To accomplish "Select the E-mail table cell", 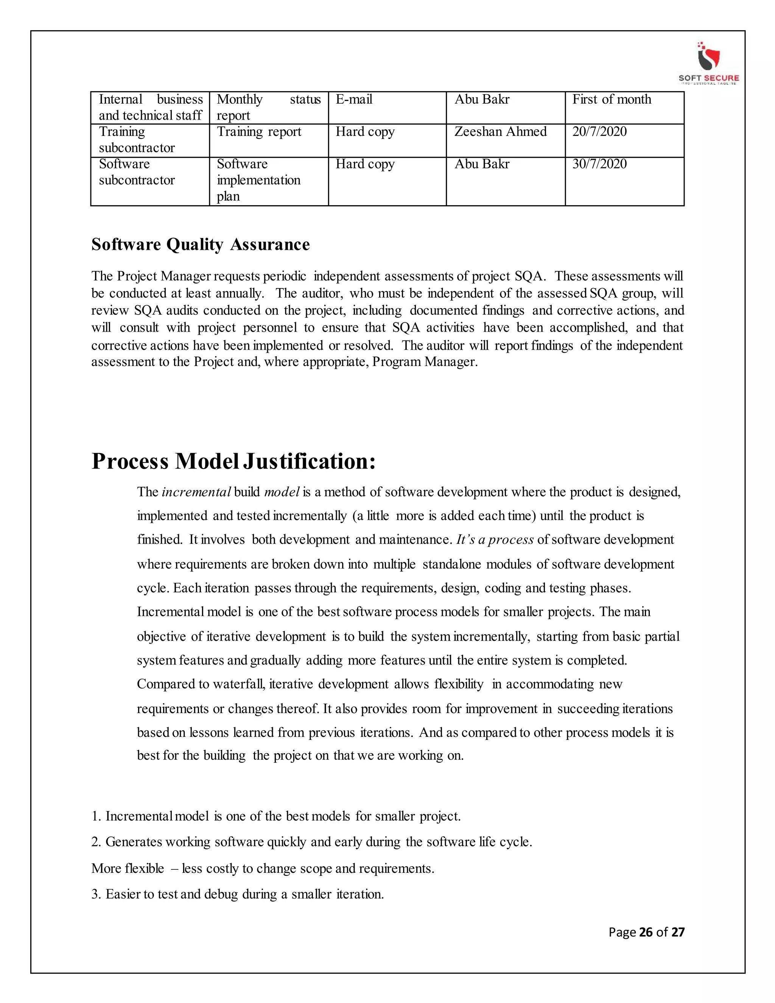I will (x=354, y=100).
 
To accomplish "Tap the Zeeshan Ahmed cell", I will (x=500, y=132).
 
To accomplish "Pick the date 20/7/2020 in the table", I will (x=599, y=132).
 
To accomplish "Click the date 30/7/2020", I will (x=599, y=164).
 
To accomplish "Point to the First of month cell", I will (x=612, y=100).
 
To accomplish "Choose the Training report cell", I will (x=259, y=132).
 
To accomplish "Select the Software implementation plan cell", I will (x=258, y=180).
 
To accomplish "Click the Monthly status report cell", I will (x=269, y=107).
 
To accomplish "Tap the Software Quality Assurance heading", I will (x=201, y=245).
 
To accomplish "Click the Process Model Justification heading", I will (x=234, y=461).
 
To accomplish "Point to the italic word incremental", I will (x=196, y=492).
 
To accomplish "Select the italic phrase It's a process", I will (x=495, y=540).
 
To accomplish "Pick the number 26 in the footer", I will (x=646, y=932).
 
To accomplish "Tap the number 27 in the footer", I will (x=678, y=932).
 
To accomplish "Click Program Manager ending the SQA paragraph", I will (x=424, y=362).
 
